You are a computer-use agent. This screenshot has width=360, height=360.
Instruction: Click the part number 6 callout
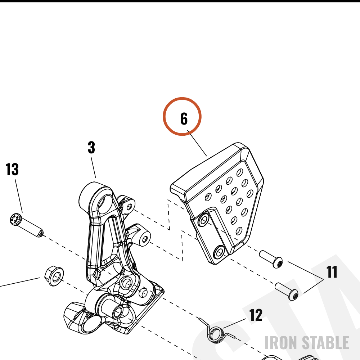pyautogui.click(x=184, y=119)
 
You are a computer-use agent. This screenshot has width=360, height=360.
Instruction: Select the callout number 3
pyautogui.click(x=91, y=147)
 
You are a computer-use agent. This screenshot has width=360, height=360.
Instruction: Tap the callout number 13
pyautogui.click(x=12, y=170)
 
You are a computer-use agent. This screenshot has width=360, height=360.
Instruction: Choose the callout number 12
pyautogui.click(x=256, y=315)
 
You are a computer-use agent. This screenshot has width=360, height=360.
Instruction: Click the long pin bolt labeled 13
pyautogui.click(x=26, y=225)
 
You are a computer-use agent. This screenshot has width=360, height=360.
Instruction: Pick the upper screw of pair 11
pyautogui.click(x=271, y=259)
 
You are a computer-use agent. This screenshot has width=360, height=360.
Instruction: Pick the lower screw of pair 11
pyautogui.click(x=287, y=291)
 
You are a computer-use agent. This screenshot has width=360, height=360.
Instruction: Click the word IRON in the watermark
pyautogui.click(x=280, y=342)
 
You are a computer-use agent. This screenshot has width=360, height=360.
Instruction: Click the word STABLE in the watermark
pyautogui.click(x=325, y=342)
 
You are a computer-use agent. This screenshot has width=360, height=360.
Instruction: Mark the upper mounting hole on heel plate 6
pyautogui.click(x=203, y=220)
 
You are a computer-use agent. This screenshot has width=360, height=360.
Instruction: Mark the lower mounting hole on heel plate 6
pyautogui.click(x=219, y=252)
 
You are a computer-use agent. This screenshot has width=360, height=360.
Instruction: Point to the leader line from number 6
pyautogui.click(x=197, y=143)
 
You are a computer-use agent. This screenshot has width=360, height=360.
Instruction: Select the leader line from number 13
pyautogui.click(x=19, y=196)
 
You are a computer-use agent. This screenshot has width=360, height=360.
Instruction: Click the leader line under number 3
pyautogui.click(x=93, y=167)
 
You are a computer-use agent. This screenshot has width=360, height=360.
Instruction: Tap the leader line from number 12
pyautogui.click(x=234, y=323)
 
